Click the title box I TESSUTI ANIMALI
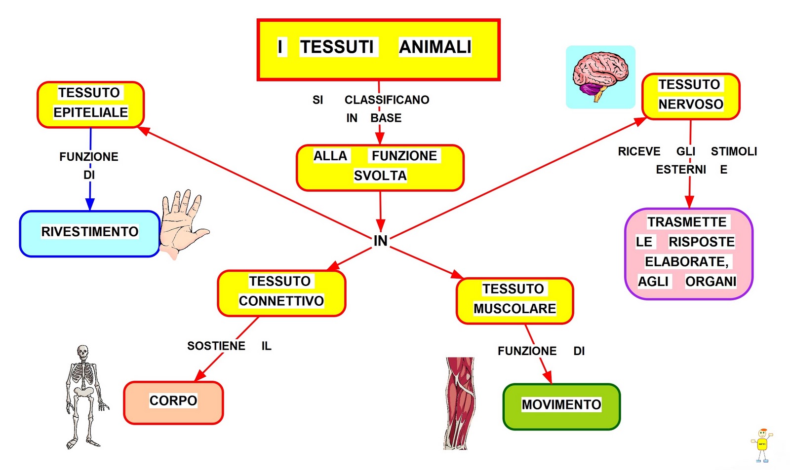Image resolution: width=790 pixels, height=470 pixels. coord(379,49)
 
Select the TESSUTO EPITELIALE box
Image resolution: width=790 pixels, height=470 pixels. coord(90,104)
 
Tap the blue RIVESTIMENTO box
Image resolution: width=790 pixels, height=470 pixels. coord(89,233)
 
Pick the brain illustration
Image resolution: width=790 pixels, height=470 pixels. coord(600,76)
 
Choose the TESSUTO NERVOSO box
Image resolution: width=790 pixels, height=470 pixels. coord(690,96)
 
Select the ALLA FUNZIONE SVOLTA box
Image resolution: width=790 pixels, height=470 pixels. coord(380,167)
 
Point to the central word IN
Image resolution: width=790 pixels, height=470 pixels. coord(380,241)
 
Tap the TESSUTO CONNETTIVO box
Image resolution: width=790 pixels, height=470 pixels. coord(281,293)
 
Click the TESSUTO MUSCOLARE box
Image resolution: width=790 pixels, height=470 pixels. coord(514,300)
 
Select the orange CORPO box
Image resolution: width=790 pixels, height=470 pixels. coord(173,402)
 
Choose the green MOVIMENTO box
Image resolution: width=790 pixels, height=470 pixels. coord(561,406)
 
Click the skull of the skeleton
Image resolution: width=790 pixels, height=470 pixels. coord(83,352)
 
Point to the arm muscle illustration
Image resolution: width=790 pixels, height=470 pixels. coord(460,402)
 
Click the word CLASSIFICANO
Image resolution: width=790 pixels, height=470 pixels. coord(387,100)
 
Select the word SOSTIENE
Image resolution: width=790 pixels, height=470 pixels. coord(216,346)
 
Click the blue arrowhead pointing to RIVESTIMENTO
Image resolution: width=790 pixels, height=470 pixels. coord(90,204)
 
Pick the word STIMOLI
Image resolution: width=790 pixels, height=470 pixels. coord(734,151)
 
